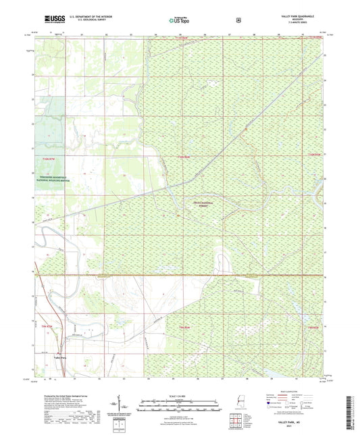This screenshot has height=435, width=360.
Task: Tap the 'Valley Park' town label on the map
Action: point(59,357)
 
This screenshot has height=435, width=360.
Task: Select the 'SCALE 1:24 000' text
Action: point(180,396)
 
